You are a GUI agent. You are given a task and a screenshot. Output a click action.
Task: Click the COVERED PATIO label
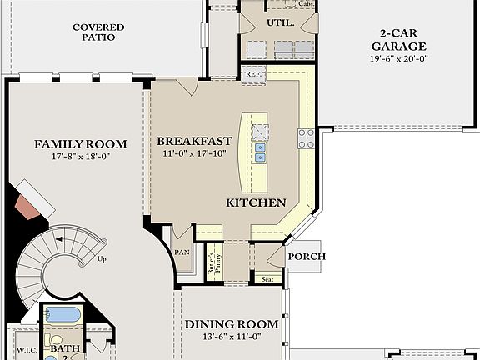click(98, 32)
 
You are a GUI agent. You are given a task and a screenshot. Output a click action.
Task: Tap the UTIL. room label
click(280, 23)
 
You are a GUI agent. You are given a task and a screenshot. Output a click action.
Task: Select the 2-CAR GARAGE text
click(402, 40)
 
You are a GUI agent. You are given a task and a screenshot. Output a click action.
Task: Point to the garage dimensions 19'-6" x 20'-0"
click(402, 59)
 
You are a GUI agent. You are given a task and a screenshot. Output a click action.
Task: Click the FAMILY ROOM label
click(81, 144)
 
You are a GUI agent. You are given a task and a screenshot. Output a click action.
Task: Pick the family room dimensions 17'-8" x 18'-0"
click(81, 156)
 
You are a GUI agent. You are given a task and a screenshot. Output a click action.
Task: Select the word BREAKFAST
click(194, 141)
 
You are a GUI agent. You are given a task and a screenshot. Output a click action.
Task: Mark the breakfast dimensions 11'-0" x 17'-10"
click(194, 153)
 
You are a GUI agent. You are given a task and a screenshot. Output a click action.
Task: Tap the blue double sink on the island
click(261, 152)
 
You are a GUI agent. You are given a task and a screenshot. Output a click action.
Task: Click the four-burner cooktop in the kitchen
click(306, 138)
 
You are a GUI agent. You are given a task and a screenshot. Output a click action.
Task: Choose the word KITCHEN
click(257, 202)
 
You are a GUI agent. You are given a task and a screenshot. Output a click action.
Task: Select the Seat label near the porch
click(267, 280)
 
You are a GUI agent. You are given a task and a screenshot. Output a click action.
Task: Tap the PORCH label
click(307, 257)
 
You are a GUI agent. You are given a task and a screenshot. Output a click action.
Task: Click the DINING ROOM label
click(231, 324)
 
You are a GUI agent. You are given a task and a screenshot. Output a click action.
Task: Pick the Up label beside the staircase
click(102, 258)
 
